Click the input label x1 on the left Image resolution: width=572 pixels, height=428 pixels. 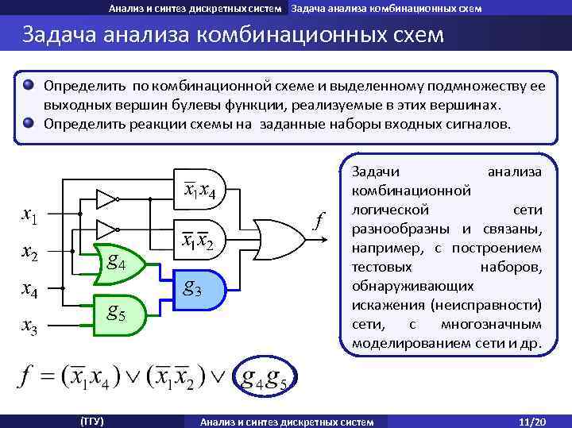tap(31, 215)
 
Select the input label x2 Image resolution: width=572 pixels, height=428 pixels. tap(31, 253)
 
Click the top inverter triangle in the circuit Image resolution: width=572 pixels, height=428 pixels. tap(106, 197)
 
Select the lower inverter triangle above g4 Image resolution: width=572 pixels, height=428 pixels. tap(106, 229)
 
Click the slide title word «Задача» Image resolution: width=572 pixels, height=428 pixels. tap(62, 37)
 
